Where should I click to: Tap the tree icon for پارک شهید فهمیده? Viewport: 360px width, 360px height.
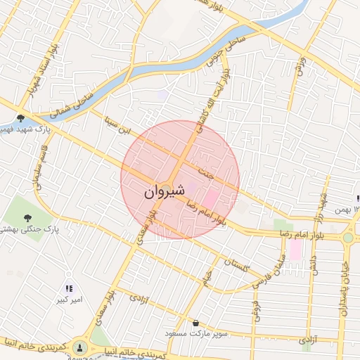pos(22,117)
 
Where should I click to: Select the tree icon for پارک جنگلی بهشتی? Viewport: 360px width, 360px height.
pos(27,217)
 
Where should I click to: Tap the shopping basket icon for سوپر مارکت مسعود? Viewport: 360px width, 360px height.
pos(196,323)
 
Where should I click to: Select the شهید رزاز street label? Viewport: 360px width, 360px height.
pos(323,193)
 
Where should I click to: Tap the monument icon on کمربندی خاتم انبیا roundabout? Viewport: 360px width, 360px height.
pos(80,347)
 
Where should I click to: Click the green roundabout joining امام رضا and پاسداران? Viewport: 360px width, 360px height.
pos(348,238)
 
